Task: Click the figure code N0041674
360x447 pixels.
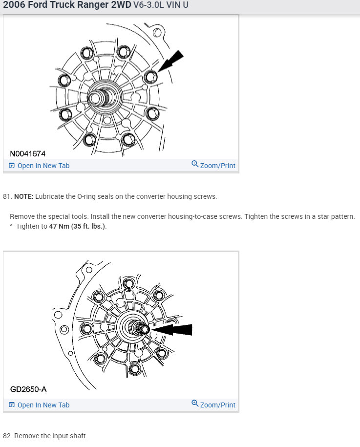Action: [x=28, y=154]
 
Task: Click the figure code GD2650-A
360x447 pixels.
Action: [x=28, y=389]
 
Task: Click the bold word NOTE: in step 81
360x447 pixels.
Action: [x=23, y=196]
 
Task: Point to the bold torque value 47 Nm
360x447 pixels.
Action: [x=59, y=226]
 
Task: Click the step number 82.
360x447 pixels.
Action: [x=7, y=436]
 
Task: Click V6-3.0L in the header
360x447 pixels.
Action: [x=148, y=4]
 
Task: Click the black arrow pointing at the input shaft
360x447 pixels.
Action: [x=171, y=330]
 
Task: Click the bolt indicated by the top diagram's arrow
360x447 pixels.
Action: [x=150, y=76]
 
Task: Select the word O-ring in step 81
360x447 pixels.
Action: [x=86, y=196]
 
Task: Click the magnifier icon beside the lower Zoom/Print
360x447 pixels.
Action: [x=195, y=404]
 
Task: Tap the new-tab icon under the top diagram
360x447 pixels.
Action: [x=12, y=165]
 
